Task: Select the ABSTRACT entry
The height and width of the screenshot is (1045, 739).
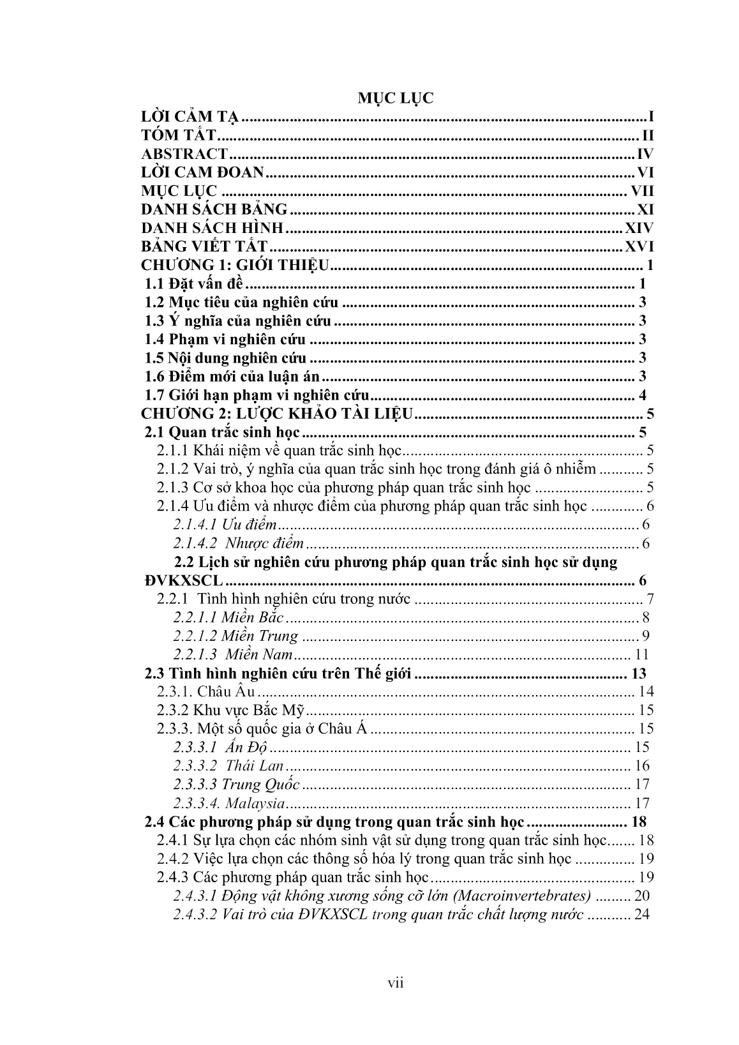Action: click(x=184, y=154)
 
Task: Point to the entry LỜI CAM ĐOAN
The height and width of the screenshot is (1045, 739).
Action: click(x=202, y=172)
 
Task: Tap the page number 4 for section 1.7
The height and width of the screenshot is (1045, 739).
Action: click(x=642, y=395)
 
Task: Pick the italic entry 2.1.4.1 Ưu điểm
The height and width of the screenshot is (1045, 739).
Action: click(x=225, y=525)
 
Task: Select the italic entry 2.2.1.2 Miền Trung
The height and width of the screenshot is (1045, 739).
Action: click(x=235, y=636)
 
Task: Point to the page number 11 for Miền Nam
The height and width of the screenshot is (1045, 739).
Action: click(x=642, y=654)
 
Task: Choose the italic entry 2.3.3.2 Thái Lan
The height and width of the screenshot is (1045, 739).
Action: click(x=228, y=765)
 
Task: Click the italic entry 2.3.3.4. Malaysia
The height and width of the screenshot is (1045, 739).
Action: click(x=228, y=803)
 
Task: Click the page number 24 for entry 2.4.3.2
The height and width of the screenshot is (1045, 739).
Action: click(x=642, y=914)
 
